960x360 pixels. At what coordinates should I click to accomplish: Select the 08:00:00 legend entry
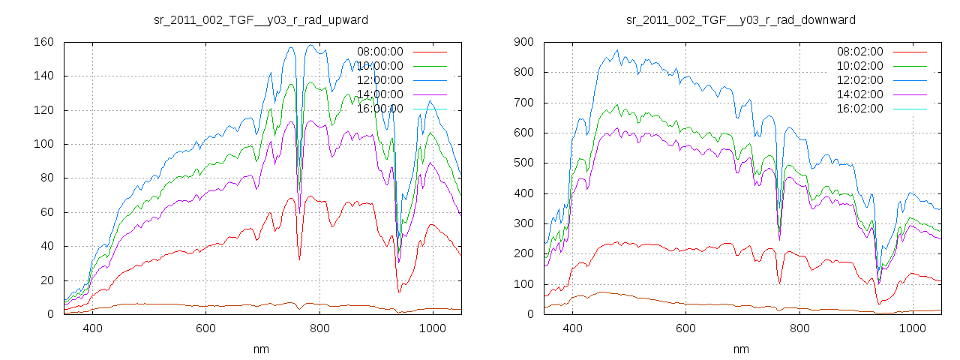click(380, 52)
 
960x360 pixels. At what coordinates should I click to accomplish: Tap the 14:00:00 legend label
click(380, 94)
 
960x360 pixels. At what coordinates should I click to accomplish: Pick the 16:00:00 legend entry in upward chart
click(380, 109)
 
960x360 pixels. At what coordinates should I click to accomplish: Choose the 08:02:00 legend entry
click(860, 52)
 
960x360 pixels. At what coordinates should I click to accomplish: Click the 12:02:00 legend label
click(860, 80)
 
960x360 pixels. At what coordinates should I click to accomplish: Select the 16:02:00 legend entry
click(860, 109)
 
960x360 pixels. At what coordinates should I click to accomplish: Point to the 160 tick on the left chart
click(43, 42)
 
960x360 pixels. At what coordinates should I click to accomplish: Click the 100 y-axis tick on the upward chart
click(43, 144)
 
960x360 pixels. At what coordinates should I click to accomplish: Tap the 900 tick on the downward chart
click(523, 42)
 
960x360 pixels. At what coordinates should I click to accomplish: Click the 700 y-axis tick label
click(523, 103)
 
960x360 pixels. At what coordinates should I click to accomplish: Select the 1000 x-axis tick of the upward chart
click(433, 328)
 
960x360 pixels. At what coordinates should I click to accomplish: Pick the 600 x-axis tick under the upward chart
click(206, 328)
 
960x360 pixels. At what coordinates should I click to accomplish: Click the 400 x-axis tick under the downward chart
click(572, 328)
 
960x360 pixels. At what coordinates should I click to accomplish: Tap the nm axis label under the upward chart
click(261, 349)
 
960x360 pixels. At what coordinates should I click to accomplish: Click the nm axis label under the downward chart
click(741, 349)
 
